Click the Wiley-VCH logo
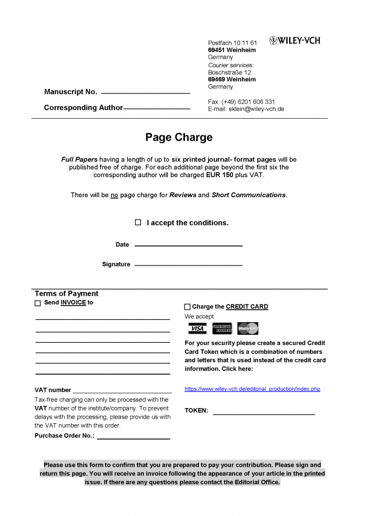click(295, 41)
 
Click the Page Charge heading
click(179, 138)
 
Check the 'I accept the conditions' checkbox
click(138, 222)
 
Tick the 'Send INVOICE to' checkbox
click(38, 303)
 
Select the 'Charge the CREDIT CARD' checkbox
click(187, 307)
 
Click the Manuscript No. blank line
click(146, 92)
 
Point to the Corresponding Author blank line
click(156, 108)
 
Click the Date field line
click(188, 245)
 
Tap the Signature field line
click(188, 265)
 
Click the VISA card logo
click(197, 329)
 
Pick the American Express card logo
click(222, 329)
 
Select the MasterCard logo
click(248, 329)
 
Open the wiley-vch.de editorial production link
click(252, 389)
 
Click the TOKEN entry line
click(264, 413)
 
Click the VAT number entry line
click(121, 393)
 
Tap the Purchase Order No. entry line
click(134, 439)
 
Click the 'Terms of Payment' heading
click(66, 294)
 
